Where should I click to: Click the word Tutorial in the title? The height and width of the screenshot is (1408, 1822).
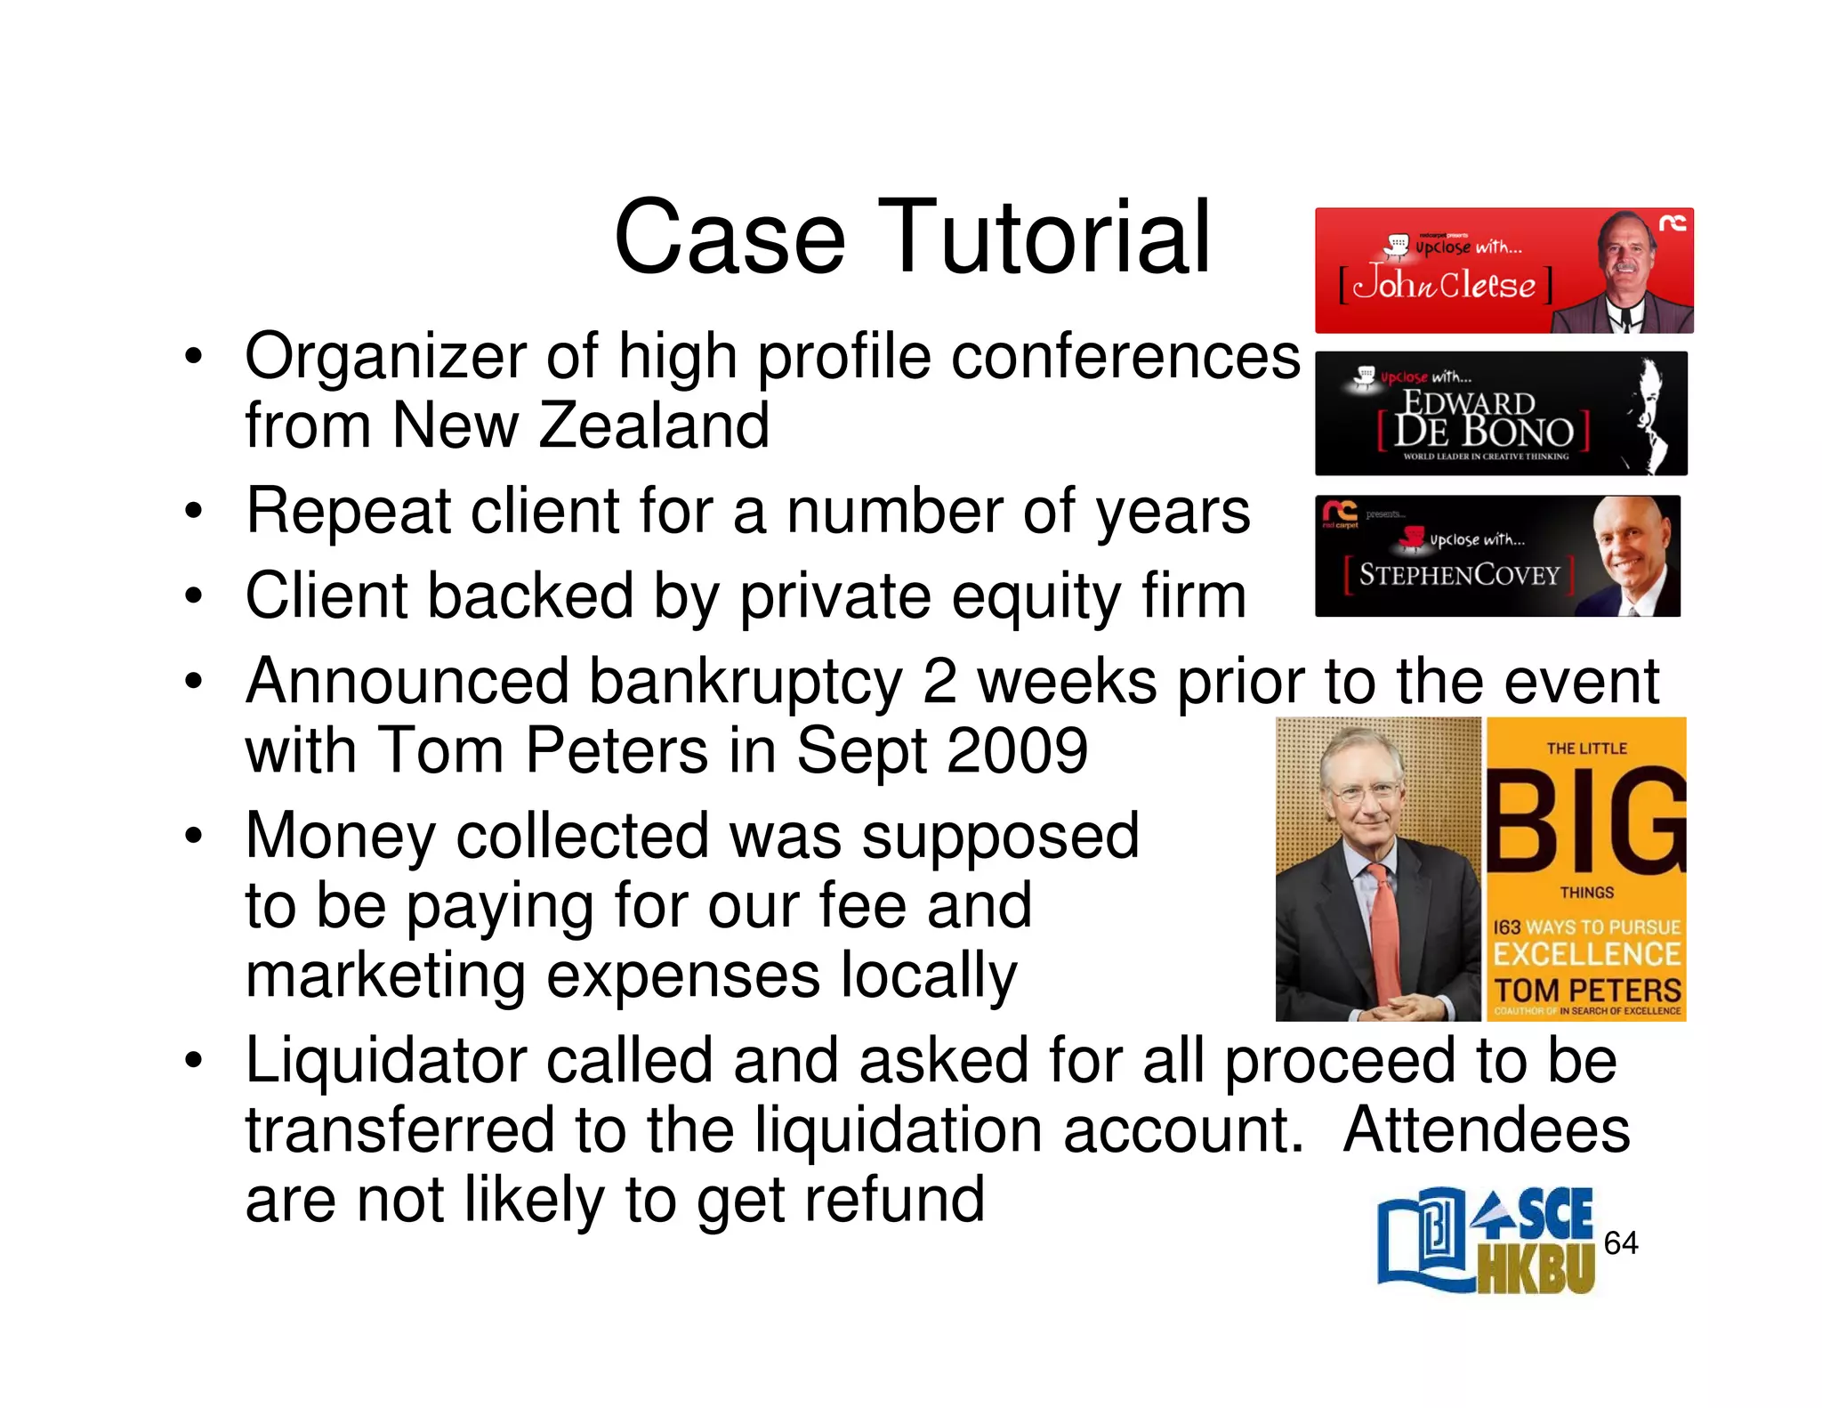1044,238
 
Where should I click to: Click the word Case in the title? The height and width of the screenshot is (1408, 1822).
729,238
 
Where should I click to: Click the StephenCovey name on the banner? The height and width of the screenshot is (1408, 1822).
1459,575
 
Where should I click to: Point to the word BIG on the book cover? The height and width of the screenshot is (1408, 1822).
1586,821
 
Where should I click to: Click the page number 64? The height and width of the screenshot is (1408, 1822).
1620,1242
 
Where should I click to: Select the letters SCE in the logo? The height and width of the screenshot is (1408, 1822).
1554,1216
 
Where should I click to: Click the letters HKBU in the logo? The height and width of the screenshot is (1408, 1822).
1536,1267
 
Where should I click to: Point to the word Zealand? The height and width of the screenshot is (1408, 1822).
654,425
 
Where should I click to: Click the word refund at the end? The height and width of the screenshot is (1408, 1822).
894,1200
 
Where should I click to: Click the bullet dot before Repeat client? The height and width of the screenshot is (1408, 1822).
193,513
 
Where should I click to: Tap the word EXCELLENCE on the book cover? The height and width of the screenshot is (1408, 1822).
1586,954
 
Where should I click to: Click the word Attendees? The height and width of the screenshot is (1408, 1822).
1486,1130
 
